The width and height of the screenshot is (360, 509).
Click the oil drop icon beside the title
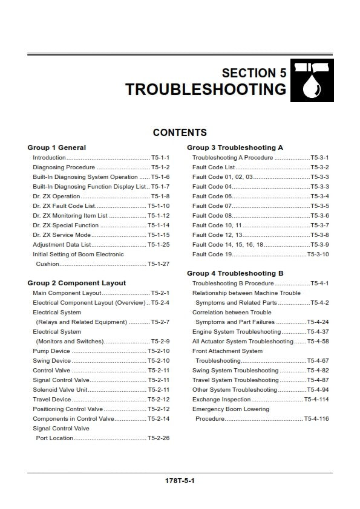click(312, 80)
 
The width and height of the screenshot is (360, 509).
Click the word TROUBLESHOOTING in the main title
click(206, 89)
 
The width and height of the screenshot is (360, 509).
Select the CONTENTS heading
click(180, 132)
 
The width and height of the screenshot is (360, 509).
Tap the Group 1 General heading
click(57, 148)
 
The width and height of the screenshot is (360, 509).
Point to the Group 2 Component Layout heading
click(77, 283)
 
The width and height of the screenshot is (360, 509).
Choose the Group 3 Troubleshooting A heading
click(235, 148)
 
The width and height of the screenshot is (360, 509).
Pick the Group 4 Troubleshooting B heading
click(235, 273)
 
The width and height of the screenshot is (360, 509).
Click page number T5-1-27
click(159, 264)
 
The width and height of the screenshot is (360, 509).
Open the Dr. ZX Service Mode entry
click(62, 235)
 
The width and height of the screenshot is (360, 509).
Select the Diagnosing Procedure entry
click(64, 167)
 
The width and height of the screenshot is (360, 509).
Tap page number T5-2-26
click(159, 438)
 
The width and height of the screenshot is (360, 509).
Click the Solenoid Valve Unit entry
click(60, 390)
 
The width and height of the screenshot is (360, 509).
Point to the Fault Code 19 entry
click(212, 254)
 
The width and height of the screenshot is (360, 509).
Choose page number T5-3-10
click(318, 254)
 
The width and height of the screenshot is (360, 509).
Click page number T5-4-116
click(316, 419)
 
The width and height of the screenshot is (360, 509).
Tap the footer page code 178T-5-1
click(180, 481)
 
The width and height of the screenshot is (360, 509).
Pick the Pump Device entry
click(51, 351)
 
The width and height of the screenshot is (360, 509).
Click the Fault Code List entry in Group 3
click(214, 167)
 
